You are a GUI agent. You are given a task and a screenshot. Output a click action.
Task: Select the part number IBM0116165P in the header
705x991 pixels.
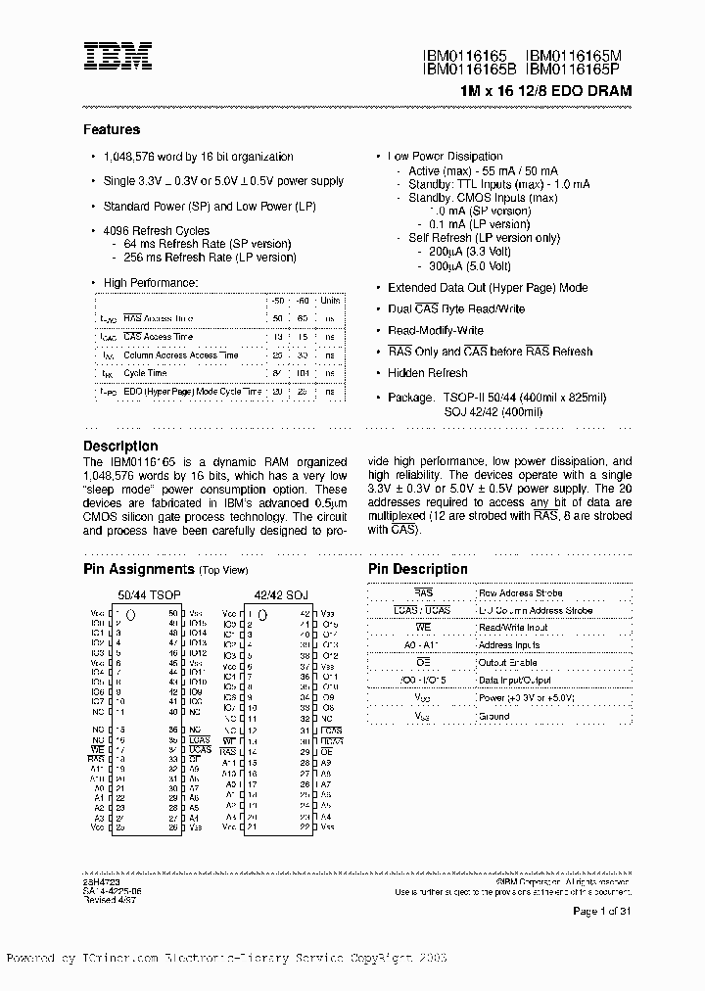point(579,71)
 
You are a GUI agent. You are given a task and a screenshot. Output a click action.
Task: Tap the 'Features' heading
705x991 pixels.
point(112,129)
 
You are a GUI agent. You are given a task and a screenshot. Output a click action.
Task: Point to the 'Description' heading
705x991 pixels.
point(120,446)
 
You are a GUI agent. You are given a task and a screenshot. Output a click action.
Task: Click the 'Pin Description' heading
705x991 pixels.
point(418,569)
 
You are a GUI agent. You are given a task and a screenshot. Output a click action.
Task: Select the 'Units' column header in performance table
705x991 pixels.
point(330,301)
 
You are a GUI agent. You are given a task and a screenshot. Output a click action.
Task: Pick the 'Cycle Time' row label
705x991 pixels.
point(145,373)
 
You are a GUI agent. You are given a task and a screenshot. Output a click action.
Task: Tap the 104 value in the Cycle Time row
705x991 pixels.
point(303,373)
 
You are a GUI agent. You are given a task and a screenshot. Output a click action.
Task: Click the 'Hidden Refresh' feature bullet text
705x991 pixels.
point(428,373)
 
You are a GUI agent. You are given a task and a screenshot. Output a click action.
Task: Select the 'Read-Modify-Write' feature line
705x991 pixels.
point(436,330)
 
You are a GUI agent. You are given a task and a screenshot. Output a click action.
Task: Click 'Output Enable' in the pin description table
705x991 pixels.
point(508,663)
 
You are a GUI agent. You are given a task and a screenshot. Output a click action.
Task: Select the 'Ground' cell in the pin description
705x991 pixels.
point(493,716)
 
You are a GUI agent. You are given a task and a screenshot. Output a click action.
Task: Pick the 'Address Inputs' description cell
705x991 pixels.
point(509,645)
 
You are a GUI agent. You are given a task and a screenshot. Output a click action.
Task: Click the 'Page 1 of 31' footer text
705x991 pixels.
point(601,911)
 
